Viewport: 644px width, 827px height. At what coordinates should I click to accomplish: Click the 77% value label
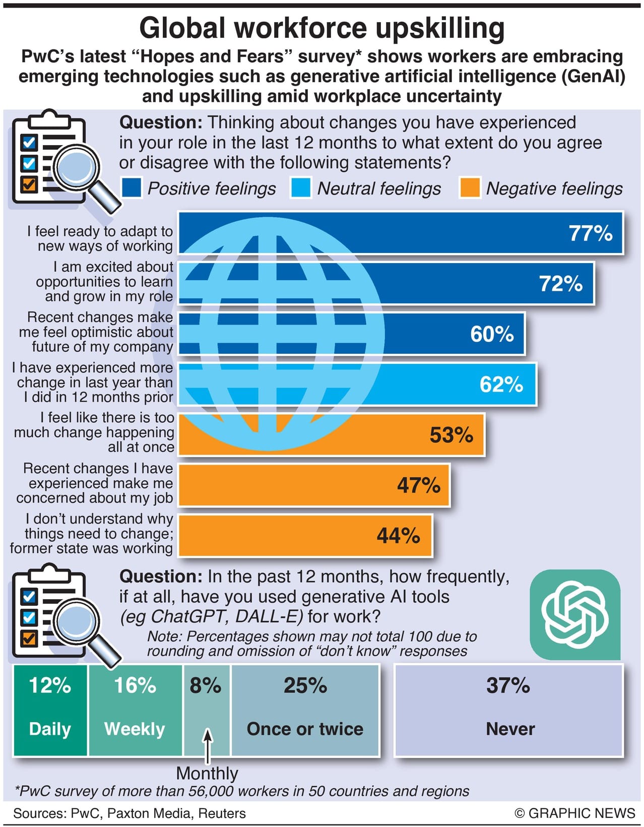pos(590,233)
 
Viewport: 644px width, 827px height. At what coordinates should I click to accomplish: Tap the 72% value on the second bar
pos(561,284)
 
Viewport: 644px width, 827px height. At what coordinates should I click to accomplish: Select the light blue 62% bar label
pos(501,385)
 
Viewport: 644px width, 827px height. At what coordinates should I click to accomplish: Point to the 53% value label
pos(451,435)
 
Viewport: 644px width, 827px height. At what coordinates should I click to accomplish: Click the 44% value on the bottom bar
pos(398,536)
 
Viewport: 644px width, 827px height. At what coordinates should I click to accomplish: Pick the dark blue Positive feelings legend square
pos(132,188)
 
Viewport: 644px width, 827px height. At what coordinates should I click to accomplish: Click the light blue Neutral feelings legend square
pos(301,188)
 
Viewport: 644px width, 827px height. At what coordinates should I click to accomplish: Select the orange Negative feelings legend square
pos(470,188)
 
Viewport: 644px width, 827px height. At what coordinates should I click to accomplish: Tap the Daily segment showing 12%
pos(50,710)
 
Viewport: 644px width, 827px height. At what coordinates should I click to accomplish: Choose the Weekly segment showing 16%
pos(135,710)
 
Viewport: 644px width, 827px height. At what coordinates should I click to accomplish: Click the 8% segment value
pos(206,686)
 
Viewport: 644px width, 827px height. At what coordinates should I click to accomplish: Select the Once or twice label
pos(305,729)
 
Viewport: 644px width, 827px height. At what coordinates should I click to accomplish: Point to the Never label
pos(510,729)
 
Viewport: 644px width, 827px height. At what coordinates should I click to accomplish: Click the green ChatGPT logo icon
pos(575,614)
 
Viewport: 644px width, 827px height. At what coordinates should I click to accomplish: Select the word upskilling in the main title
pos(440,28)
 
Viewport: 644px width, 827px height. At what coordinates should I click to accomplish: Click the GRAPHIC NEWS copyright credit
pos(575,813)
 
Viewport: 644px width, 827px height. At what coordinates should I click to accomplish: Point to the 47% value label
pos(418,485)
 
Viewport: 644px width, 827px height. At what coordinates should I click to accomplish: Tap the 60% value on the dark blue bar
pos(492,334)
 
